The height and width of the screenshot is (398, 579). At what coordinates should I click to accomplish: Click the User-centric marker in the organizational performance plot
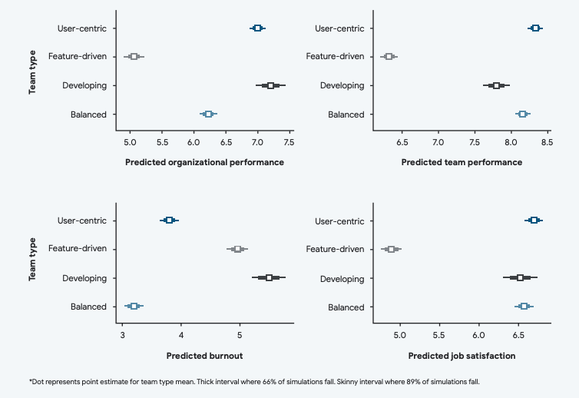(258, 28)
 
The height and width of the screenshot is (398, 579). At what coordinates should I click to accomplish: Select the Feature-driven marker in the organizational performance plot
(134, 57)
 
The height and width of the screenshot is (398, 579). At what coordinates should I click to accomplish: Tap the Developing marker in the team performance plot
(497, 85)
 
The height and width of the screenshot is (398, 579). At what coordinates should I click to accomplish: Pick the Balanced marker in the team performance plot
(522, 114)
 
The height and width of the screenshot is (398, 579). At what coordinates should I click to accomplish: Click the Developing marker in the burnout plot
(269, 277)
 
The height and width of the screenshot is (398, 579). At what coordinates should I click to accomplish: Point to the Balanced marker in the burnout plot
(134, 306)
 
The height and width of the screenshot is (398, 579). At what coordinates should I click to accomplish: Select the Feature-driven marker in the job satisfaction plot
(392, 249)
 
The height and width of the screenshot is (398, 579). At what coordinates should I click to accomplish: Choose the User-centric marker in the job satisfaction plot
(534, 221)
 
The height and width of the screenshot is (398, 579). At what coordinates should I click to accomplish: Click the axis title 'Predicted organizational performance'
(204, 162)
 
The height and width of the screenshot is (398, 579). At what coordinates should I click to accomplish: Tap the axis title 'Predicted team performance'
(462, 162)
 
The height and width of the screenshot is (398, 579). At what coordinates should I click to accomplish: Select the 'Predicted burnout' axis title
(204, 356)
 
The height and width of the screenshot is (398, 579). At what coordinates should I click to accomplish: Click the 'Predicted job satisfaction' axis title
(462, 356)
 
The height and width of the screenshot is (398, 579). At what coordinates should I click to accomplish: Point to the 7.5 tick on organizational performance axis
(289, 143)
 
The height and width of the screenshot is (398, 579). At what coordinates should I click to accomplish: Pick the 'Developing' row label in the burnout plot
(84, 278)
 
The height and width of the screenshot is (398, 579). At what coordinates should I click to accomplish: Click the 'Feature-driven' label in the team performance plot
(335, 57)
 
